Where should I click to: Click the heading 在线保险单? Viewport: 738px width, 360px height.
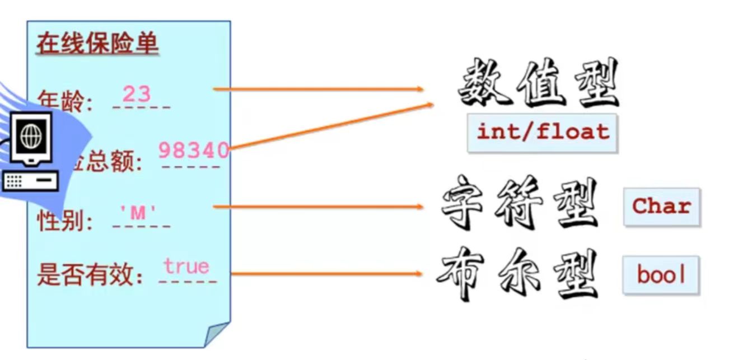pos(97,44)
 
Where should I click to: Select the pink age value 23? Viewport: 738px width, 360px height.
pos(137,93)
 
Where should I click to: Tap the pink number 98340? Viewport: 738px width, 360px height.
pos(193,150)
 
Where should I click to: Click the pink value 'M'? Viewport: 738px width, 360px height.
pos(138,213)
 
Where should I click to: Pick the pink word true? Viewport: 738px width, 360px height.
pos(186,266)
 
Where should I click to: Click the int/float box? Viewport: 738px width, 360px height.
pos(542,133)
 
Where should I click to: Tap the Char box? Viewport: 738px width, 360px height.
pos(661,207)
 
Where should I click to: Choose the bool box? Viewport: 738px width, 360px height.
pos(661,275)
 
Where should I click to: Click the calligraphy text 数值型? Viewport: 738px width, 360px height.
pos(538,84)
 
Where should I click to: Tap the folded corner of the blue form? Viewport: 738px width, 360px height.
pos(216,334)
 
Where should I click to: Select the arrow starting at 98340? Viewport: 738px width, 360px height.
pos(330,127)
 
